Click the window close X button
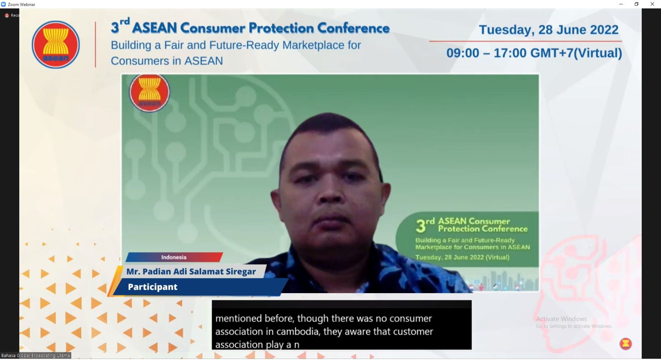[652, 4]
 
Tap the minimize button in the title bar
[621, 4]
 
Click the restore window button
[637, 4]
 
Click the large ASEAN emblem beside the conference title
[56, 45]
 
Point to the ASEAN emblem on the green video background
[149, 92]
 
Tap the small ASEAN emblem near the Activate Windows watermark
[626, 344]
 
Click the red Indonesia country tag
[174, 257]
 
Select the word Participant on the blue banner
[153, 287]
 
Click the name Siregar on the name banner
[241, 271]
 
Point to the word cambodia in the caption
[297, 331]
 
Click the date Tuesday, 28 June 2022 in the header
[549, 30]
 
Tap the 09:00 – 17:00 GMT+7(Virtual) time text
[534, 53]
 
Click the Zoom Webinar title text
[21, 4]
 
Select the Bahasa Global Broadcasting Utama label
[35, 356]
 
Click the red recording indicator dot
[7, 16]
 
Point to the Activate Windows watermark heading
[561, 319]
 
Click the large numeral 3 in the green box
[420, 226]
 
